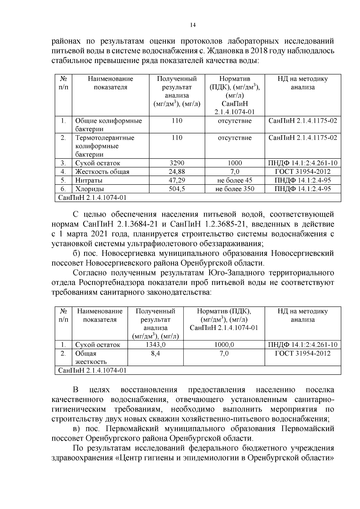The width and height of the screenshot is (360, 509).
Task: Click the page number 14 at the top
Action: point(193,25)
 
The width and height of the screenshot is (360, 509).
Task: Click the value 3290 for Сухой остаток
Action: point(177,163)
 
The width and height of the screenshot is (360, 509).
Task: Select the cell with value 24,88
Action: point(177,172)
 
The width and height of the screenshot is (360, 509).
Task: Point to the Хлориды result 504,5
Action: point(177,189)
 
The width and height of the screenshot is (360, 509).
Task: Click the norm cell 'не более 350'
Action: point(235,189)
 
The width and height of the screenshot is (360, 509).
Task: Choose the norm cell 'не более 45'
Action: point(235,181)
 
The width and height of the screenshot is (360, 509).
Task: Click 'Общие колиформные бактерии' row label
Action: point(108,125)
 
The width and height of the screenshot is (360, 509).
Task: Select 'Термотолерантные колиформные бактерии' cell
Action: point(105,146)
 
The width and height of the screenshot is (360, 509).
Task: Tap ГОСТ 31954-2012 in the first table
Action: point(303,172)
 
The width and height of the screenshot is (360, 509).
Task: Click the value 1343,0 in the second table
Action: point(155,345)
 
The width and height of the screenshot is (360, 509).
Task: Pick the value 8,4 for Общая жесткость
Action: point(155,354)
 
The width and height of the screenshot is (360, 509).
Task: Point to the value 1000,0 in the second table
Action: point(224,345)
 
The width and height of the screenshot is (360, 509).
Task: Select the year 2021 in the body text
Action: point(90,234)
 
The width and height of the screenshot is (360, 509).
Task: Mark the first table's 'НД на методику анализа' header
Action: point(303,83)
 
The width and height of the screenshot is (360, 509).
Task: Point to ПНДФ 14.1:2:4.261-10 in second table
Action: point(303,345)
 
